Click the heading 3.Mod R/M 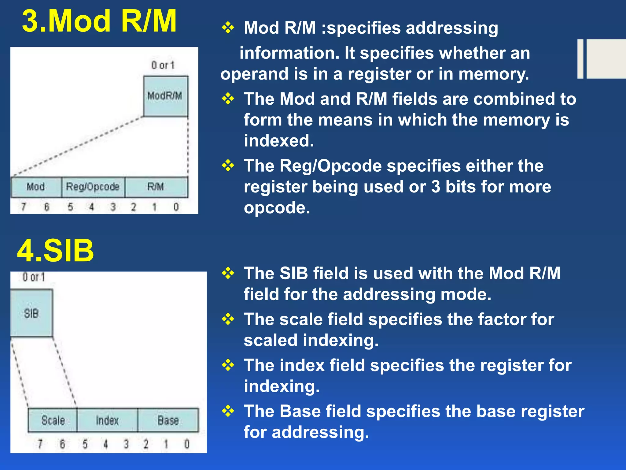[99, 21]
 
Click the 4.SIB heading [55, 251]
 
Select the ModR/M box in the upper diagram [165, 96]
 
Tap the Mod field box [36, 187]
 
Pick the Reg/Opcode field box [93, 187]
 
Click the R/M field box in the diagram [156, 187]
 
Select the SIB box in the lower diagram [31, 313]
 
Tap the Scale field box [53, 420]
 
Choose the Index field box [107, 420]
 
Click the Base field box [168, 420]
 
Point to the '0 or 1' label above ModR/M [163, 65]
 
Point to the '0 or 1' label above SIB [34, 277]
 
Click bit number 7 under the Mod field [24, 207]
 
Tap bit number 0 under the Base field [187, 444]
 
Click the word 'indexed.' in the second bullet [279, 141]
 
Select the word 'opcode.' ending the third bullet [277, 208]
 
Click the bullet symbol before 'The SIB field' [228, 273]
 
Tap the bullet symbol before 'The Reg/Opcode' [228, 166]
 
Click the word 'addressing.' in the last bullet [320, 432]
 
